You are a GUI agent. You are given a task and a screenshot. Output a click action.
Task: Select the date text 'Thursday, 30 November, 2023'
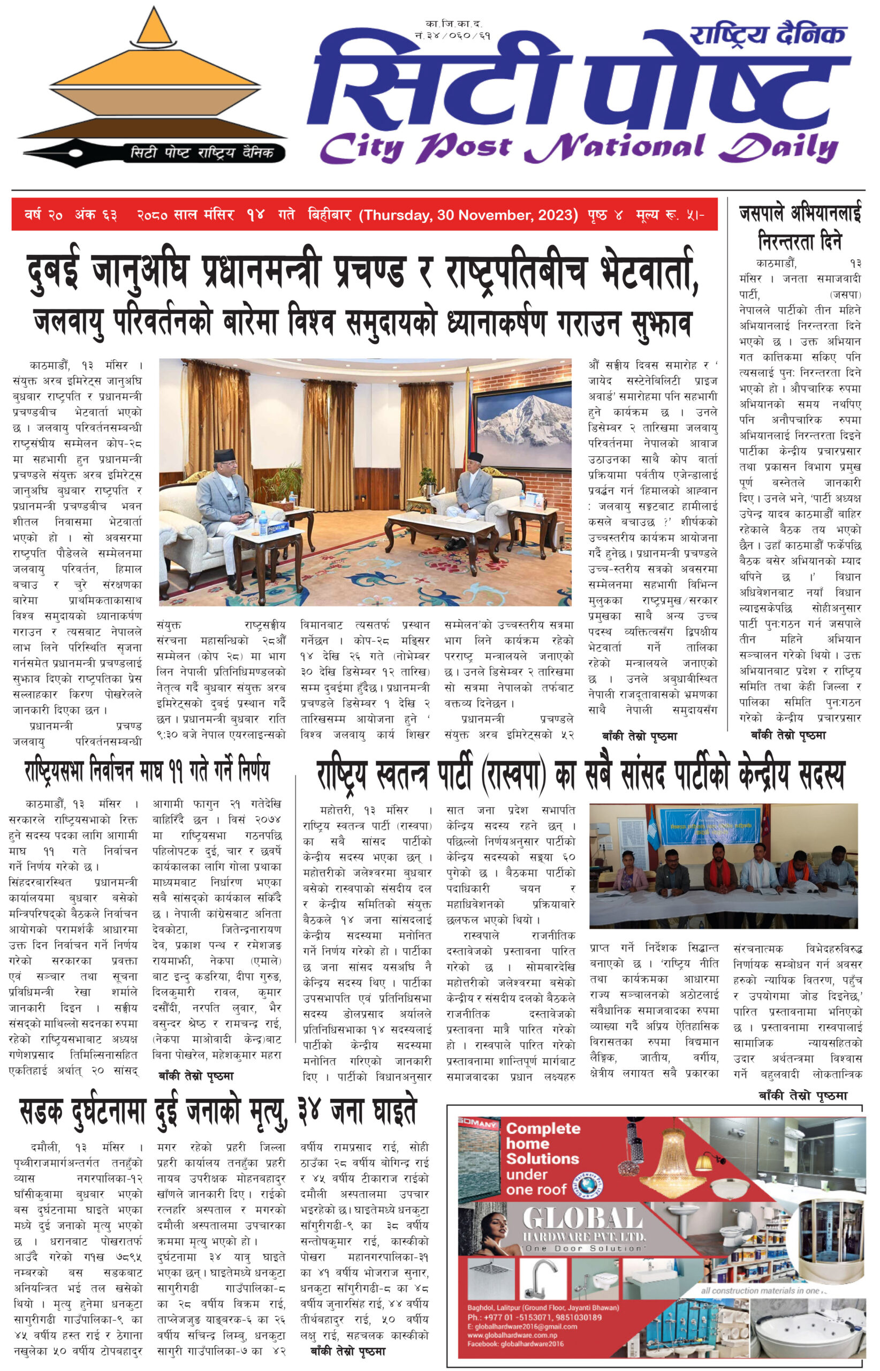coord(468,215)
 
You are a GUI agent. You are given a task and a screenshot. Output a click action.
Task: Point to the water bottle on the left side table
coord(262,522)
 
